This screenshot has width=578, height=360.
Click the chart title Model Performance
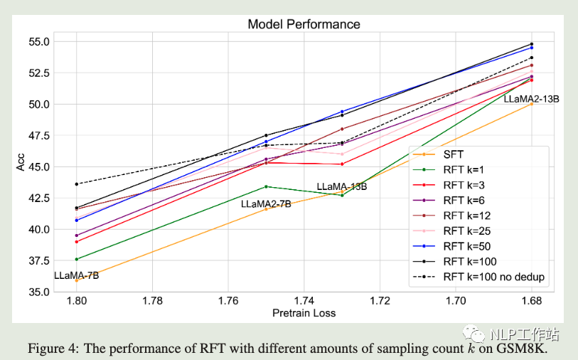304,24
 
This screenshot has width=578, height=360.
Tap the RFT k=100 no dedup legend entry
493,277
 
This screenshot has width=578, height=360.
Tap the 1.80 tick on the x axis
77,302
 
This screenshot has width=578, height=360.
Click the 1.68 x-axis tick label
531,302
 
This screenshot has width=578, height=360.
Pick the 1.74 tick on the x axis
304,302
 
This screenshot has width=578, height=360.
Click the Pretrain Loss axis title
304,313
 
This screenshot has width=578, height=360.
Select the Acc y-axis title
21,166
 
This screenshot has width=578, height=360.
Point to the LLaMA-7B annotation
76,275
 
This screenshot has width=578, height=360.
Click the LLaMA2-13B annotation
531,99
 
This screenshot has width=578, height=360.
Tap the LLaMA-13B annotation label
341,186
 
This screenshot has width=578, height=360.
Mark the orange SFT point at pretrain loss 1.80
77,280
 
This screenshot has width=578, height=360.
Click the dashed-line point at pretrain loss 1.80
77,184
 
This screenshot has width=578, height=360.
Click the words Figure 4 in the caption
53,349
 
